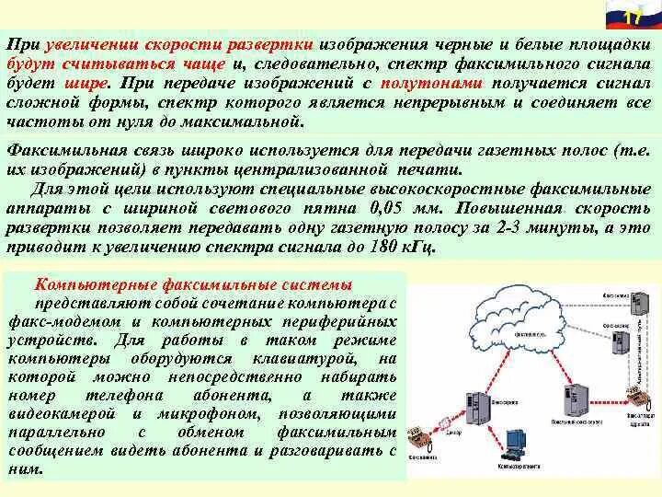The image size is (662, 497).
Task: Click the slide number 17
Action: [x=633, y=19]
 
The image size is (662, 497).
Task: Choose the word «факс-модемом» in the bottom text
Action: [x=55, y=321]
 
